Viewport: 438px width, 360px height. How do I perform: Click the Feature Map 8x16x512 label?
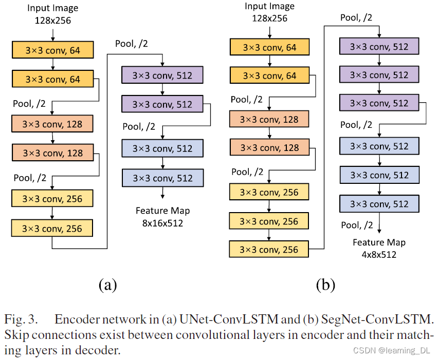(x=162, y=216)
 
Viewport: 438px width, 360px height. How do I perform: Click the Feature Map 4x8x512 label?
(x=379, y=248)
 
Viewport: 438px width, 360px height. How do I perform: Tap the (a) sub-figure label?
(x=107, y=284)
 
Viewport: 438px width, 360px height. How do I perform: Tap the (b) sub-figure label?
(x=325, y=284)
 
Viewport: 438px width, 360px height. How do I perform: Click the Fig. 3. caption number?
(x=21, y=319)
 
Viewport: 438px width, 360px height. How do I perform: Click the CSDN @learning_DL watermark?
(x=390, y=351)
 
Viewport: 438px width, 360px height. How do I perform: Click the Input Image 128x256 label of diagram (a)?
(x=52, y=14)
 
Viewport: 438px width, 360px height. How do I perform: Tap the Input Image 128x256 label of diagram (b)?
(x=269, y=12)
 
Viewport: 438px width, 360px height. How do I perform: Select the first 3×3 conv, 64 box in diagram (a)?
(x=52, y=50)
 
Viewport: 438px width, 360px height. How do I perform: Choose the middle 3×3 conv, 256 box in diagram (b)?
(x=269, y=221)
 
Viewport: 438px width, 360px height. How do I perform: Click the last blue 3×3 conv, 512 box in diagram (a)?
(x=162, y=178)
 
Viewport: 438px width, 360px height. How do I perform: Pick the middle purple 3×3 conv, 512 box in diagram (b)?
(x=379, y=75)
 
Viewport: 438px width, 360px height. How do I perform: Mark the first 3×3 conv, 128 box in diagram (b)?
(x=269, y=119)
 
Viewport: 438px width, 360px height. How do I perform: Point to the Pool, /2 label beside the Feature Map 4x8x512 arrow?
(x=357, y=225)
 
